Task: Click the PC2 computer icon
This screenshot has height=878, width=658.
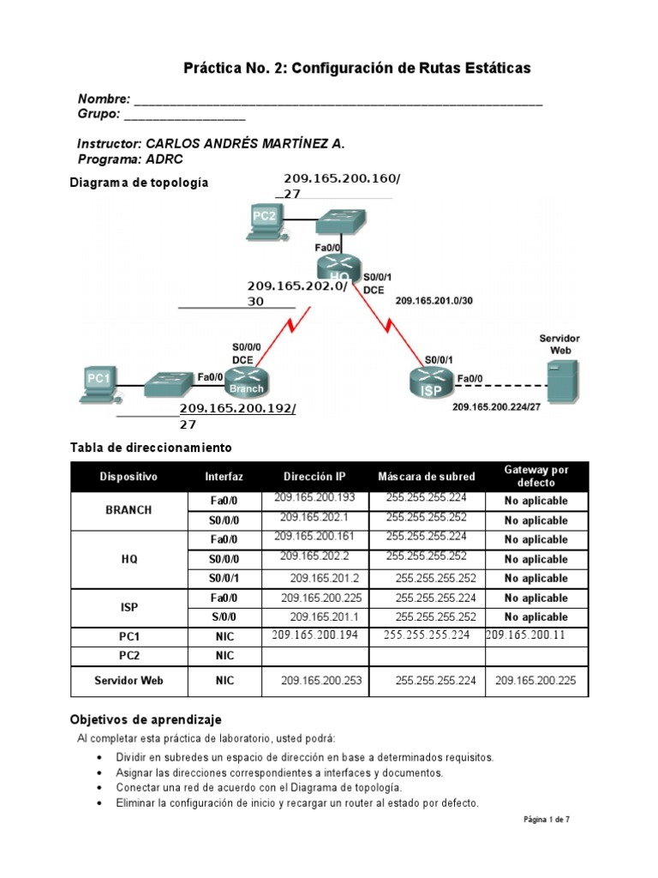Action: pos(263,219)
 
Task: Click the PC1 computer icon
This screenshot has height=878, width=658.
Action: pos(100,383)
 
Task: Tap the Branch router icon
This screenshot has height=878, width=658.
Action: pos(245,380)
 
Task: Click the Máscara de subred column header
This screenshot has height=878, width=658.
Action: pos(426,477)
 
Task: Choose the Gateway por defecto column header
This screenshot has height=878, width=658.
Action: pos(535,476)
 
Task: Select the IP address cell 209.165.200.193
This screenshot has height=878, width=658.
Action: pos(308,498)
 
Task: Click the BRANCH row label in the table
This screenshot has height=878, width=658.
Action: pos(129,509)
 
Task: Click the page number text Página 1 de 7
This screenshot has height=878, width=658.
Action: pos(546,820)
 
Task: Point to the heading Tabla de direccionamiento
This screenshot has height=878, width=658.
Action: pos(150,448)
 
